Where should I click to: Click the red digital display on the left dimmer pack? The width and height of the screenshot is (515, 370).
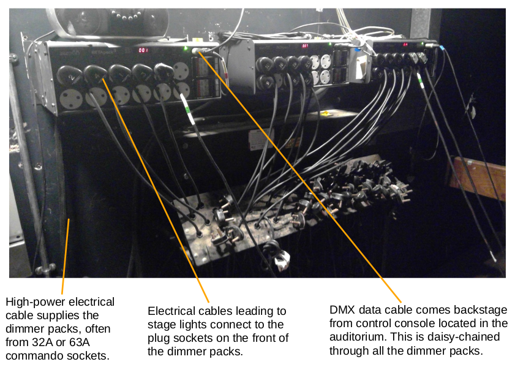coord(143,50)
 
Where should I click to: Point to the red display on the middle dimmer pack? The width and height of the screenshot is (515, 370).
coord(304,46)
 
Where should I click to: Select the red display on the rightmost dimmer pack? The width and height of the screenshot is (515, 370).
coord(405,44)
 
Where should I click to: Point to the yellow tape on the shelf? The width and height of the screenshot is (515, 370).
coord(326,113)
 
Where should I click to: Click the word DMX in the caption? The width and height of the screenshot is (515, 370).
coord(342,310)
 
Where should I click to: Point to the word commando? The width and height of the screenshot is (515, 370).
coord(30,355)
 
